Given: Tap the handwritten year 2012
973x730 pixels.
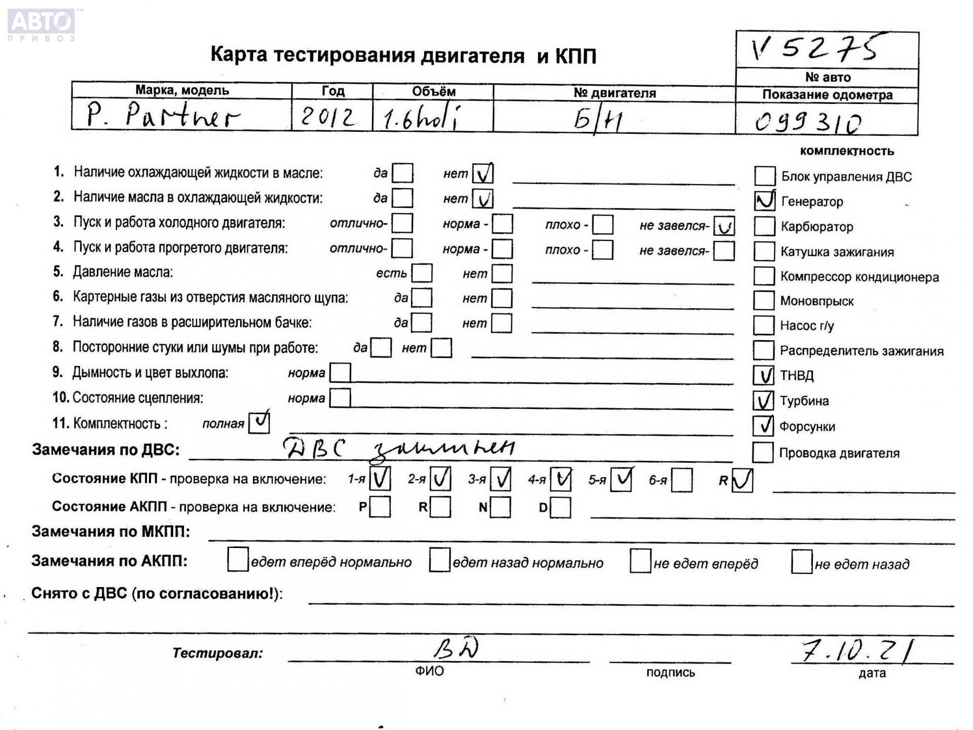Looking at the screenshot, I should pyautogui.click(x=328, y=117).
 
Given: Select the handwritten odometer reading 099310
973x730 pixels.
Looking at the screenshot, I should pyautogui.click(x=808, y=122).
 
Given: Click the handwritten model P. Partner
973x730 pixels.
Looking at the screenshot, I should pyautogui.click(x=162, y=116).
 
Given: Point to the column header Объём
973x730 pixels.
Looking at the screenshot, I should pyautogui.click(x=433, y=92).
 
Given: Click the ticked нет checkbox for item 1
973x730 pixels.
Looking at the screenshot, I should pyautogui.click(x=482, y=173).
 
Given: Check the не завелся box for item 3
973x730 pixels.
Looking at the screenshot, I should pyautogui.click(x=724, y=226).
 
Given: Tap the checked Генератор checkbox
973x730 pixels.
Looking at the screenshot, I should pyautogui.click(x=764, y=201).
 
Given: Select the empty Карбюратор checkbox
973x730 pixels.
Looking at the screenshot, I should pyautogui.click(x=764, y=226).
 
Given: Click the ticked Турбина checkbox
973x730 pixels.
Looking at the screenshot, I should pyautogui.click(x=763, y=400).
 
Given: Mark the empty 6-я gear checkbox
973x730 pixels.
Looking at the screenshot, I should pyautogui.click(x=682, y=480).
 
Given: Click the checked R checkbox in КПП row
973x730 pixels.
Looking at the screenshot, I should pyautogui.click(x=742, y=480).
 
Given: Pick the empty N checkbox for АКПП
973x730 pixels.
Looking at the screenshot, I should pyautogui.click(x=501, y=507).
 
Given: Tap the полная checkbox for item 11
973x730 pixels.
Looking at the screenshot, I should pyautogui.click(x=259, y=422).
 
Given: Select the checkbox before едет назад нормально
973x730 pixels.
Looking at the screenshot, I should pyautogui.click(x=439, y=560).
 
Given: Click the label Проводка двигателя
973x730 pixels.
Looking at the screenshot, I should pyautogui.click(x=839, y=453).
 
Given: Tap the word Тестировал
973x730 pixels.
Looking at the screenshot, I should pyautogui.click(x=218, y=653).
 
